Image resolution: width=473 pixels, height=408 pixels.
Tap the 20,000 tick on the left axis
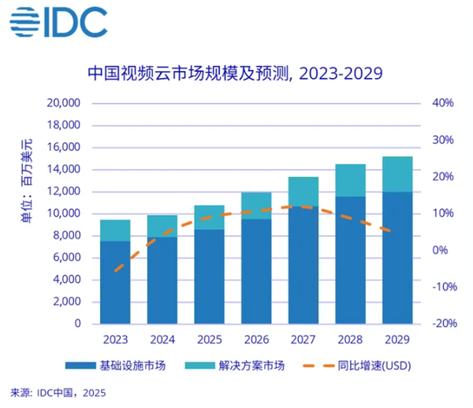pos(65,103)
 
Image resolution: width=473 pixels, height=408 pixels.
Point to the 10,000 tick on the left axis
pos(65,213)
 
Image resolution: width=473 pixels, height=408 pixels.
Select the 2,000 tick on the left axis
pos(67,302)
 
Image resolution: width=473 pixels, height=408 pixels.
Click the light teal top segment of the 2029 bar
pos(397,174)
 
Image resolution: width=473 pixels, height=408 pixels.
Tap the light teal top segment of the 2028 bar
pos(350,180)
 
